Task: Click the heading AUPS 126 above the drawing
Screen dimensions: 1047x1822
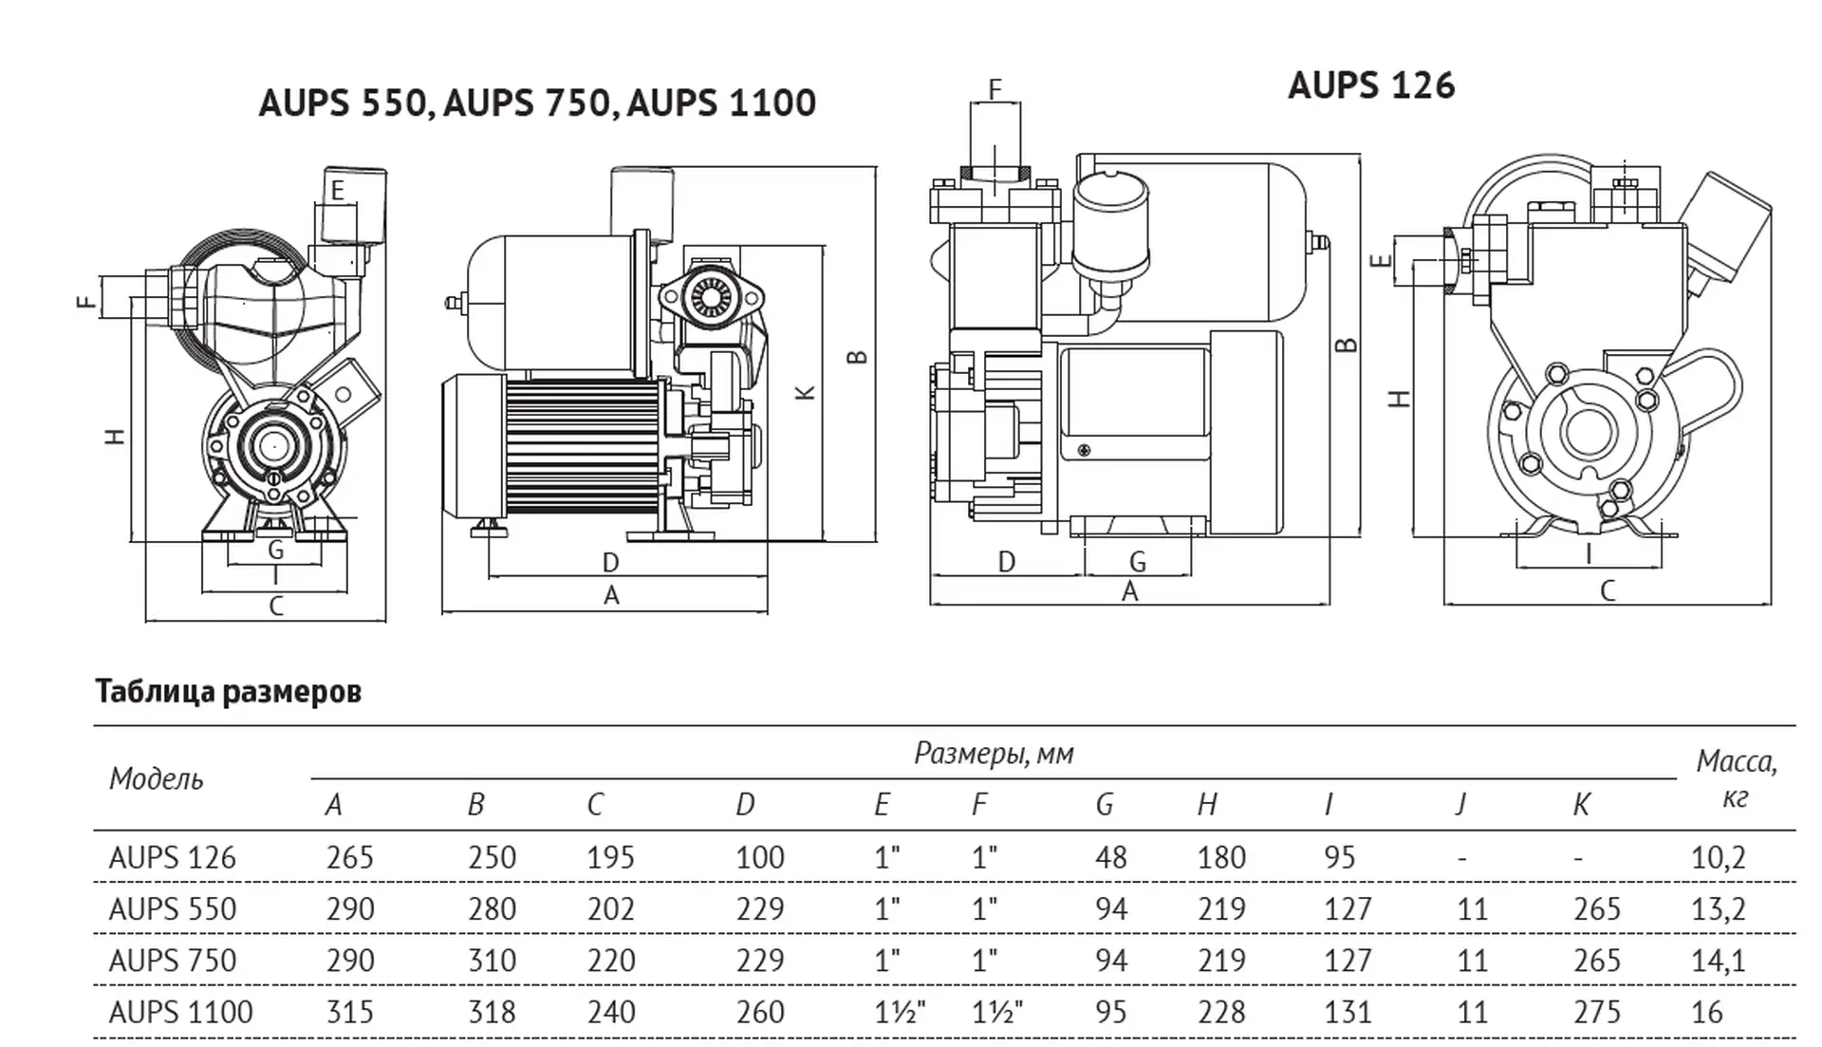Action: tap(1370, 85)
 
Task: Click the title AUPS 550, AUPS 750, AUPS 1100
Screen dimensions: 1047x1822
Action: tap(537, 103)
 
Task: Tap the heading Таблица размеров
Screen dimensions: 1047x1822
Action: tap(228, 691)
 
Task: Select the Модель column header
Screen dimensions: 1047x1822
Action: tap(157, 778)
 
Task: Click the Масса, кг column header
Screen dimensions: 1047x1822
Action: tap(1736, 778)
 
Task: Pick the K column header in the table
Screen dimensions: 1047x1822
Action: tap(1581, 805)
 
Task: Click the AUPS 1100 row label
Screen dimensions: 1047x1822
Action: tap(181, 1012)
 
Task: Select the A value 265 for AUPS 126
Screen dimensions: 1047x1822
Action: tap(350, 857)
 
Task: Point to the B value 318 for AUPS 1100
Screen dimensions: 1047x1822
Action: tap(492, 1012)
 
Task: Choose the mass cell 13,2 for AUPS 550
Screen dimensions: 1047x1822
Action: tap(1719, 909)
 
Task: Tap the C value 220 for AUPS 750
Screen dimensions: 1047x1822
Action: tap(610, 961)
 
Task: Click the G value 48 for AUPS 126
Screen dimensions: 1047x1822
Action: tap(1111, 857)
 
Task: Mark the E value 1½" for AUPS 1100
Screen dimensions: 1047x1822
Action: tap(900, 1012)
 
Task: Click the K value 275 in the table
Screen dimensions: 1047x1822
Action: tap(1597, 1012)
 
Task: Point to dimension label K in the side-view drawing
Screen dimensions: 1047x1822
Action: tap(805, 391)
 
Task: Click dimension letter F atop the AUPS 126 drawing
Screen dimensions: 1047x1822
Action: tap(995, 90)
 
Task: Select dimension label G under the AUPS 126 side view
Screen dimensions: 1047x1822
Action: tap(1137, 562)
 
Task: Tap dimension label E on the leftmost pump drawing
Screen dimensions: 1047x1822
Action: tap(337, 191)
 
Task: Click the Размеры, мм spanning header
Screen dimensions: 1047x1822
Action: tap(994, 754)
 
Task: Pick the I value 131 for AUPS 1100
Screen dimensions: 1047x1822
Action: tap(1348, 1012)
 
